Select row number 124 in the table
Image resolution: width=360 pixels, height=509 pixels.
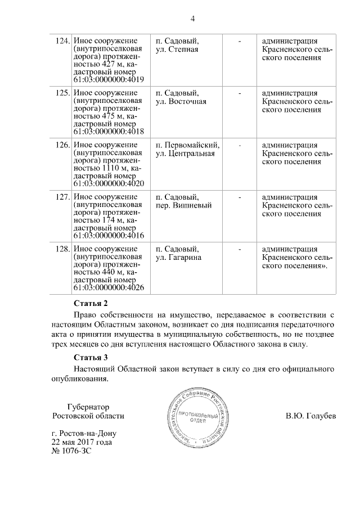(x=64, y=41)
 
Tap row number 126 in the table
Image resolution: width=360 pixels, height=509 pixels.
(x=64, y=145)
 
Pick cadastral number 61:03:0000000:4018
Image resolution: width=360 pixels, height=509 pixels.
(x=109, y=132)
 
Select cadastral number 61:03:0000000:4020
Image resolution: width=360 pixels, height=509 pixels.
(x=109, y=184)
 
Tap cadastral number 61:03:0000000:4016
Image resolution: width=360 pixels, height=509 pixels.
(x=109, y=236)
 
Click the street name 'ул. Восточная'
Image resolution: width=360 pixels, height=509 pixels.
(x=181, y=102)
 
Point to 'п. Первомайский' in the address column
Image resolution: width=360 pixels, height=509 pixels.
(x=187, y=145)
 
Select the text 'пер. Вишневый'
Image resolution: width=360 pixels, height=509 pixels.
(x=183, y=206)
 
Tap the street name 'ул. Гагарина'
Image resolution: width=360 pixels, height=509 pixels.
(x=179, y=258)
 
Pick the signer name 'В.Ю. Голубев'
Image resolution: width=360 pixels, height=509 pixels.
(x=310, y=416)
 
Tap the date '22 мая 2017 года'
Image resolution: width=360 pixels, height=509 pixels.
(x=81, y=442)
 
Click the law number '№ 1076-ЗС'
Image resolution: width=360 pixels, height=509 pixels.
(x=70, y=451)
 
